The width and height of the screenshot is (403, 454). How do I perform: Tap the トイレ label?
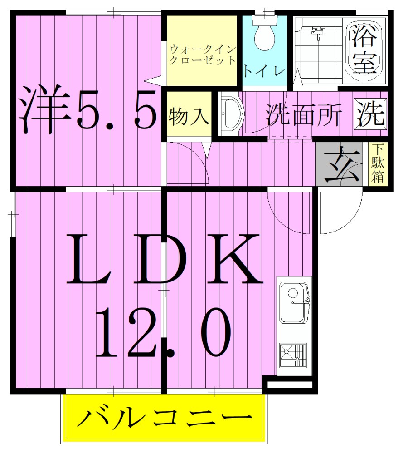coord(265,71)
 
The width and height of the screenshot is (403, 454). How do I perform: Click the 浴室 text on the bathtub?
coord(365,51)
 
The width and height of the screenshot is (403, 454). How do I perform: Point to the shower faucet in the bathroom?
coord(317,31)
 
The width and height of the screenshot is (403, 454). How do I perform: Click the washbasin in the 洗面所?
coord(231,114)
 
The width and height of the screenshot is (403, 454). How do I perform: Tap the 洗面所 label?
coord(303,115)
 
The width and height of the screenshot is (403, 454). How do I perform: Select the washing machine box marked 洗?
coord(371,114)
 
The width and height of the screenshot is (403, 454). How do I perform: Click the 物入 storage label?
coord(189,116)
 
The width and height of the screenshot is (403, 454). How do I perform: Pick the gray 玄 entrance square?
coord(339,164)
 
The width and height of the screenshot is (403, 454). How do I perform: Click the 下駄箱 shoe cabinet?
coord(378,164)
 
